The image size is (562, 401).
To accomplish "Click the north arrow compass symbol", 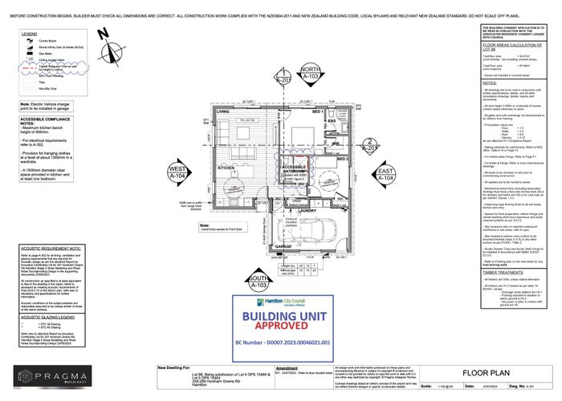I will coord(102,34).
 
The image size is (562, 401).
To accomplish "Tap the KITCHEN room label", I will coord(225,168).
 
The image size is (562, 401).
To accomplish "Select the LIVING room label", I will coord(211,111).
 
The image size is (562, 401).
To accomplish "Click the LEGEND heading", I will coord(30,34).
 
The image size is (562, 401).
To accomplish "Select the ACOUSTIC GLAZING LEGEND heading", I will coord(50,317).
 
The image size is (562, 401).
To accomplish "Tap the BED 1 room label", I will coord(317,112).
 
